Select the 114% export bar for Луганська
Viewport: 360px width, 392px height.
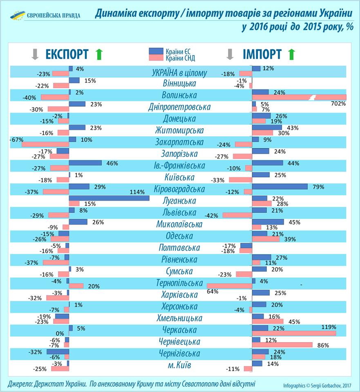click(109, 198)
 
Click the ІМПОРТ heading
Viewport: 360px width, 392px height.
click(262, 54)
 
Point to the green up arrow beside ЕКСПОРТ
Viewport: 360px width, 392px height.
click(98, 54)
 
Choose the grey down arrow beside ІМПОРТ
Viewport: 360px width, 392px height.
click(230, 54)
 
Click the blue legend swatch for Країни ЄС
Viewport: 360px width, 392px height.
click(157, 51)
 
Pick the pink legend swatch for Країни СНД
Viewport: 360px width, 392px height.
click(157, 58)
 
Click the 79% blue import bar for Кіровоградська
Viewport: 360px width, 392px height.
click(280, 187)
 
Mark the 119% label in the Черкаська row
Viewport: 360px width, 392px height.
click(329, 327)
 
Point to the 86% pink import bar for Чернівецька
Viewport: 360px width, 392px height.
click(283, 345)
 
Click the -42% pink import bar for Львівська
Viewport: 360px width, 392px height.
click(237, 215)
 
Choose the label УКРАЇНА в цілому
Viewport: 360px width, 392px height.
click(179, 73)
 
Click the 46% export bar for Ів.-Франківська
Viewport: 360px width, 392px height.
click(85, 163)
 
